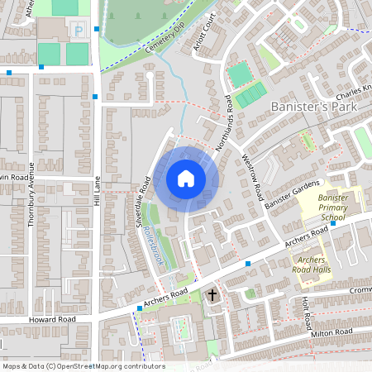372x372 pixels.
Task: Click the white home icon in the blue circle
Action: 185,179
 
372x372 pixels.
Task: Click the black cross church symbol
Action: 212,294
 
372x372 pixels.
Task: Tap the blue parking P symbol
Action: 79,31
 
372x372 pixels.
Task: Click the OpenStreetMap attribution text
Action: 83,365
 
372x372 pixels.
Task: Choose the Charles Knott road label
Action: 354,89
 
